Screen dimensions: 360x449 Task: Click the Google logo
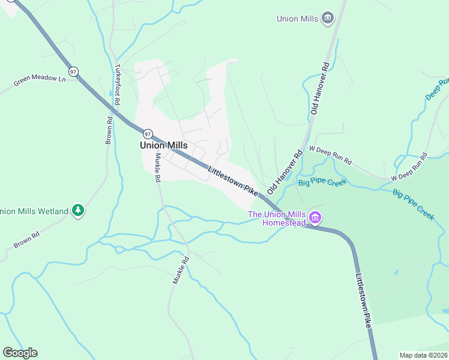coord(20,353)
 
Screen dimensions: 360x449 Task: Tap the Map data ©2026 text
coord(424,355)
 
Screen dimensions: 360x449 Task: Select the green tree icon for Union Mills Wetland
coord(77,211)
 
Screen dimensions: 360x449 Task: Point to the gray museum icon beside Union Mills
coord(327,18)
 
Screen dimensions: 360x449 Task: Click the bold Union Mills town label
coord(164,145)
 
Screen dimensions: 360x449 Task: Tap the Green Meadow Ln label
coord(40,78)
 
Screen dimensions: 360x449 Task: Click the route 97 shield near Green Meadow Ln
coord(73,71)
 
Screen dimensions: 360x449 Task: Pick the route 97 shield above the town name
coord(147,133)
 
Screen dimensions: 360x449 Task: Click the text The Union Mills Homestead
coord(277,218)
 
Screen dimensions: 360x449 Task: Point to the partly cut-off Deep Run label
coord(437,88)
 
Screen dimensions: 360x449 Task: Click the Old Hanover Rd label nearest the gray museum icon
coord(318,88)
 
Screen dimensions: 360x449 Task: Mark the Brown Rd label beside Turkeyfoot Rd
coord(109,130)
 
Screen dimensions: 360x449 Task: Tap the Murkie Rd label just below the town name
coord(157,167)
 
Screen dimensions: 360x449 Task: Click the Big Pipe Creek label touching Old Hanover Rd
coord(323,182)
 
